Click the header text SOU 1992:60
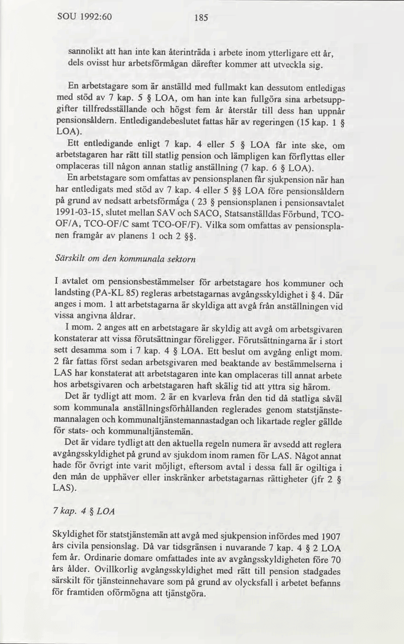[85, 17]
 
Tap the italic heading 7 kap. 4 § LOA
[84, 512]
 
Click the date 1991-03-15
[80, 215]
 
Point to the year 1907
[330, 536]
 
